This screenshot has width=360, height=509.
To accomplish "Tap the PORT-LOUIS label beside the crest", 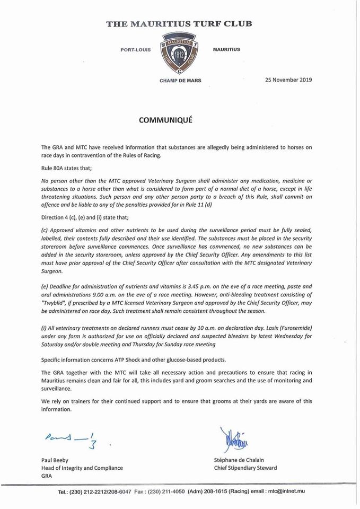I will coord(136,49).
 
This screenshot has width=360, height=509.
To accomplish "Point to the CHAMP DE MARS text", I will coord(180,81).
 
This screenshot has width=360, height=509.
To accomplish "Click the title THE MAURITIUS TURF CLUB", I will coord(179,23).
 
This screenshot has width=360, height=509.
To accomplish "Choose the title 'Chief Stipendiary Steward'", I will coord(243,468).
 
